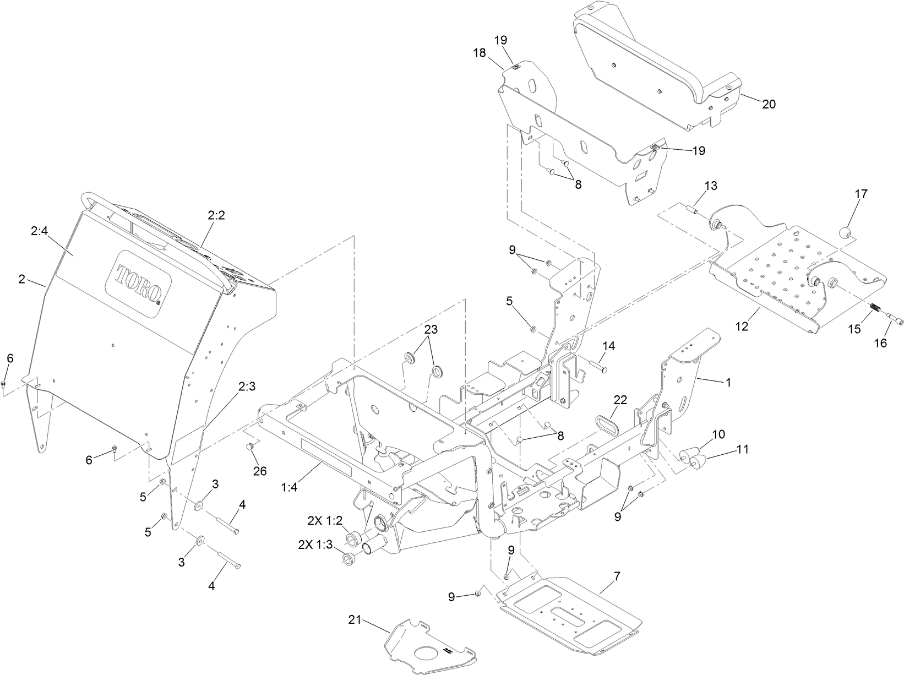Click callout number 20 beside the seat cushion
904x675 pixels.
(769, 104)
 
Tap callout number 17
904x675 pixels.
(861, 194)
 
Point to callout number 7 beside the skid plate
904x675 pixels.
(617, 576)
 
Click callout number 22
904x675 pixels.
(621, 400)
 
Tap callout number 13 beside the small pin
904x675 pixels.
(711, 186)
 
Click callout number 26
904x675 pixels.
(259, 471)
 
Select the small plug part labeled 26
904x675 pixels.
(249, 445)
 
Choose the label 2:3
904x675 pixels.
(247, 387)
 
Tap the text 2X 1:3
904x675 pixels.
(315, 544)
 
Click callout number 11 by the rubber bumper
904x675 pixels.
(743, 449)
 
